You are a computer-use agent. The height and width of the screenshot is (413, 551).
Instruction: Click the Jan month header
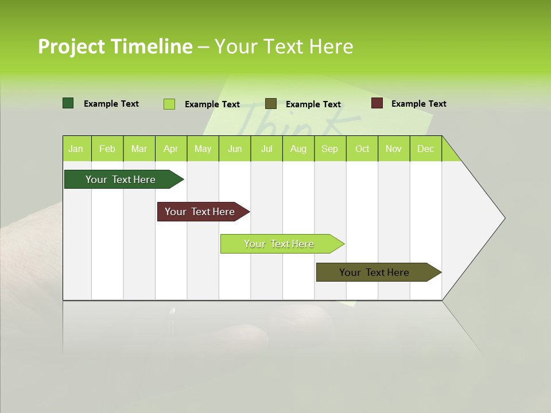(x=76, y=149)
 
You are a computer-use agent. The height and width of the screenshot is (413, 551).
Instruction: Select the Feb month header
(x=107, y=149)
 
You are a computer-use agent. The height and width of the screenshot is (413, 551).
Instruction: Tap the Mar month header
(x=139, y=149)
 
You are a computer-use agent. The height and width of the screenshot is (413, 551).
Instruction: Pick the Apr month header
(x=170, y=149)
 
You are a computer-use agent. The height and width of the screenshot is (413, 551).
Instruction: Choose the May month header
(x=203, y=149)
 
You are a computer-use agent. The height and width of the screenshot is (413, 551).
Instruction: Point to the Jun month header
(x=235, y=149)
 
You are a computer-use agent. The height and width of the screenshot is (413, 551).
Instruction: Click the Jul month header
(x=266, y=149)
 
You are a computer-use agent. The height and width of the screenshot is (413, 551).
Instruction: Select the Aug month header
(x=298, y=149)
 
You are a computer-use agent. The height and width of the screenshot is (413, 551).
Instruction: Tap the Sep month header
(x=329, y=149)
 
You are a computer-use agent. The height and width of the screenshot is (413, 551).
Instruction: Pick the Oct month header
(x=362, y=149)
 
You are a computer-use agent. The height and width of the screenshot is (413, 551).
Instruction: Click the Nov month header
(x=394, y=149)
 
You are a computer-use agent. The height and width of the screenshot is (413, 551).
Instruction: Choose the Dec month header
(x=425, y=149)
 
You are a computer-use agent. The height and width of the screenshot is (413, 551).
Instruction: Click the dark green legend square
(x=68, y=103)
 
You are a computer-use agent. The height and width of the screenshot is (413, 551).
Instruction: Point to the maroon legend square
(x=377, y=103)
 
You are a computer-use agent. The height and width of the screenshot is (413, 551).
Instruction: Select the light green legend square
(x=169, y=104)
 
